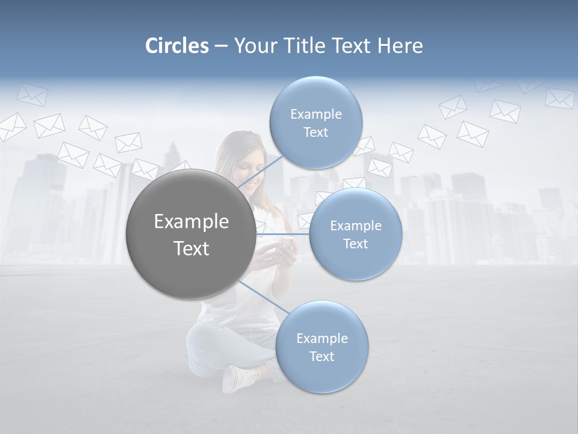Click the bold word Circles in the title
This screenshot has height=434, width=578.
(176, 46)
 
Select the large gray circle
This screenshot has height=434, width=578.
(191, 234)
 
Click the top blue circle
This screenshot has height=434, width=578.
(315, 122)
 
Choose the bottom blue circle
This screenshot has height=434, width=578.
(322, 347)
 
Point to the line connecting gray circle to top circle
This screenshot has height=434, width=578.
(260, 173)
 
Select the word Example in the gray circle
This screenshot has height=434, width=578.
(191, 221)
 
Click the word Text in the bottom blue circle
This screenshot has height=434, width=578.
(322, 356)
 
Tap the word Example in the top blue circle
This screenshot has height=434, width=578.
(315, 114)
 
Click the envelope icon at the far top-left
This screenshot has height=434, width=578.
(31, 94)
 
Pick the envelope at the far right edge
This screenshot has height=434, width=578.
(559, 98)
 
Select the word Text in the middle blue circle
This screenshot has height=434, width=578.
(355, 244)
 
